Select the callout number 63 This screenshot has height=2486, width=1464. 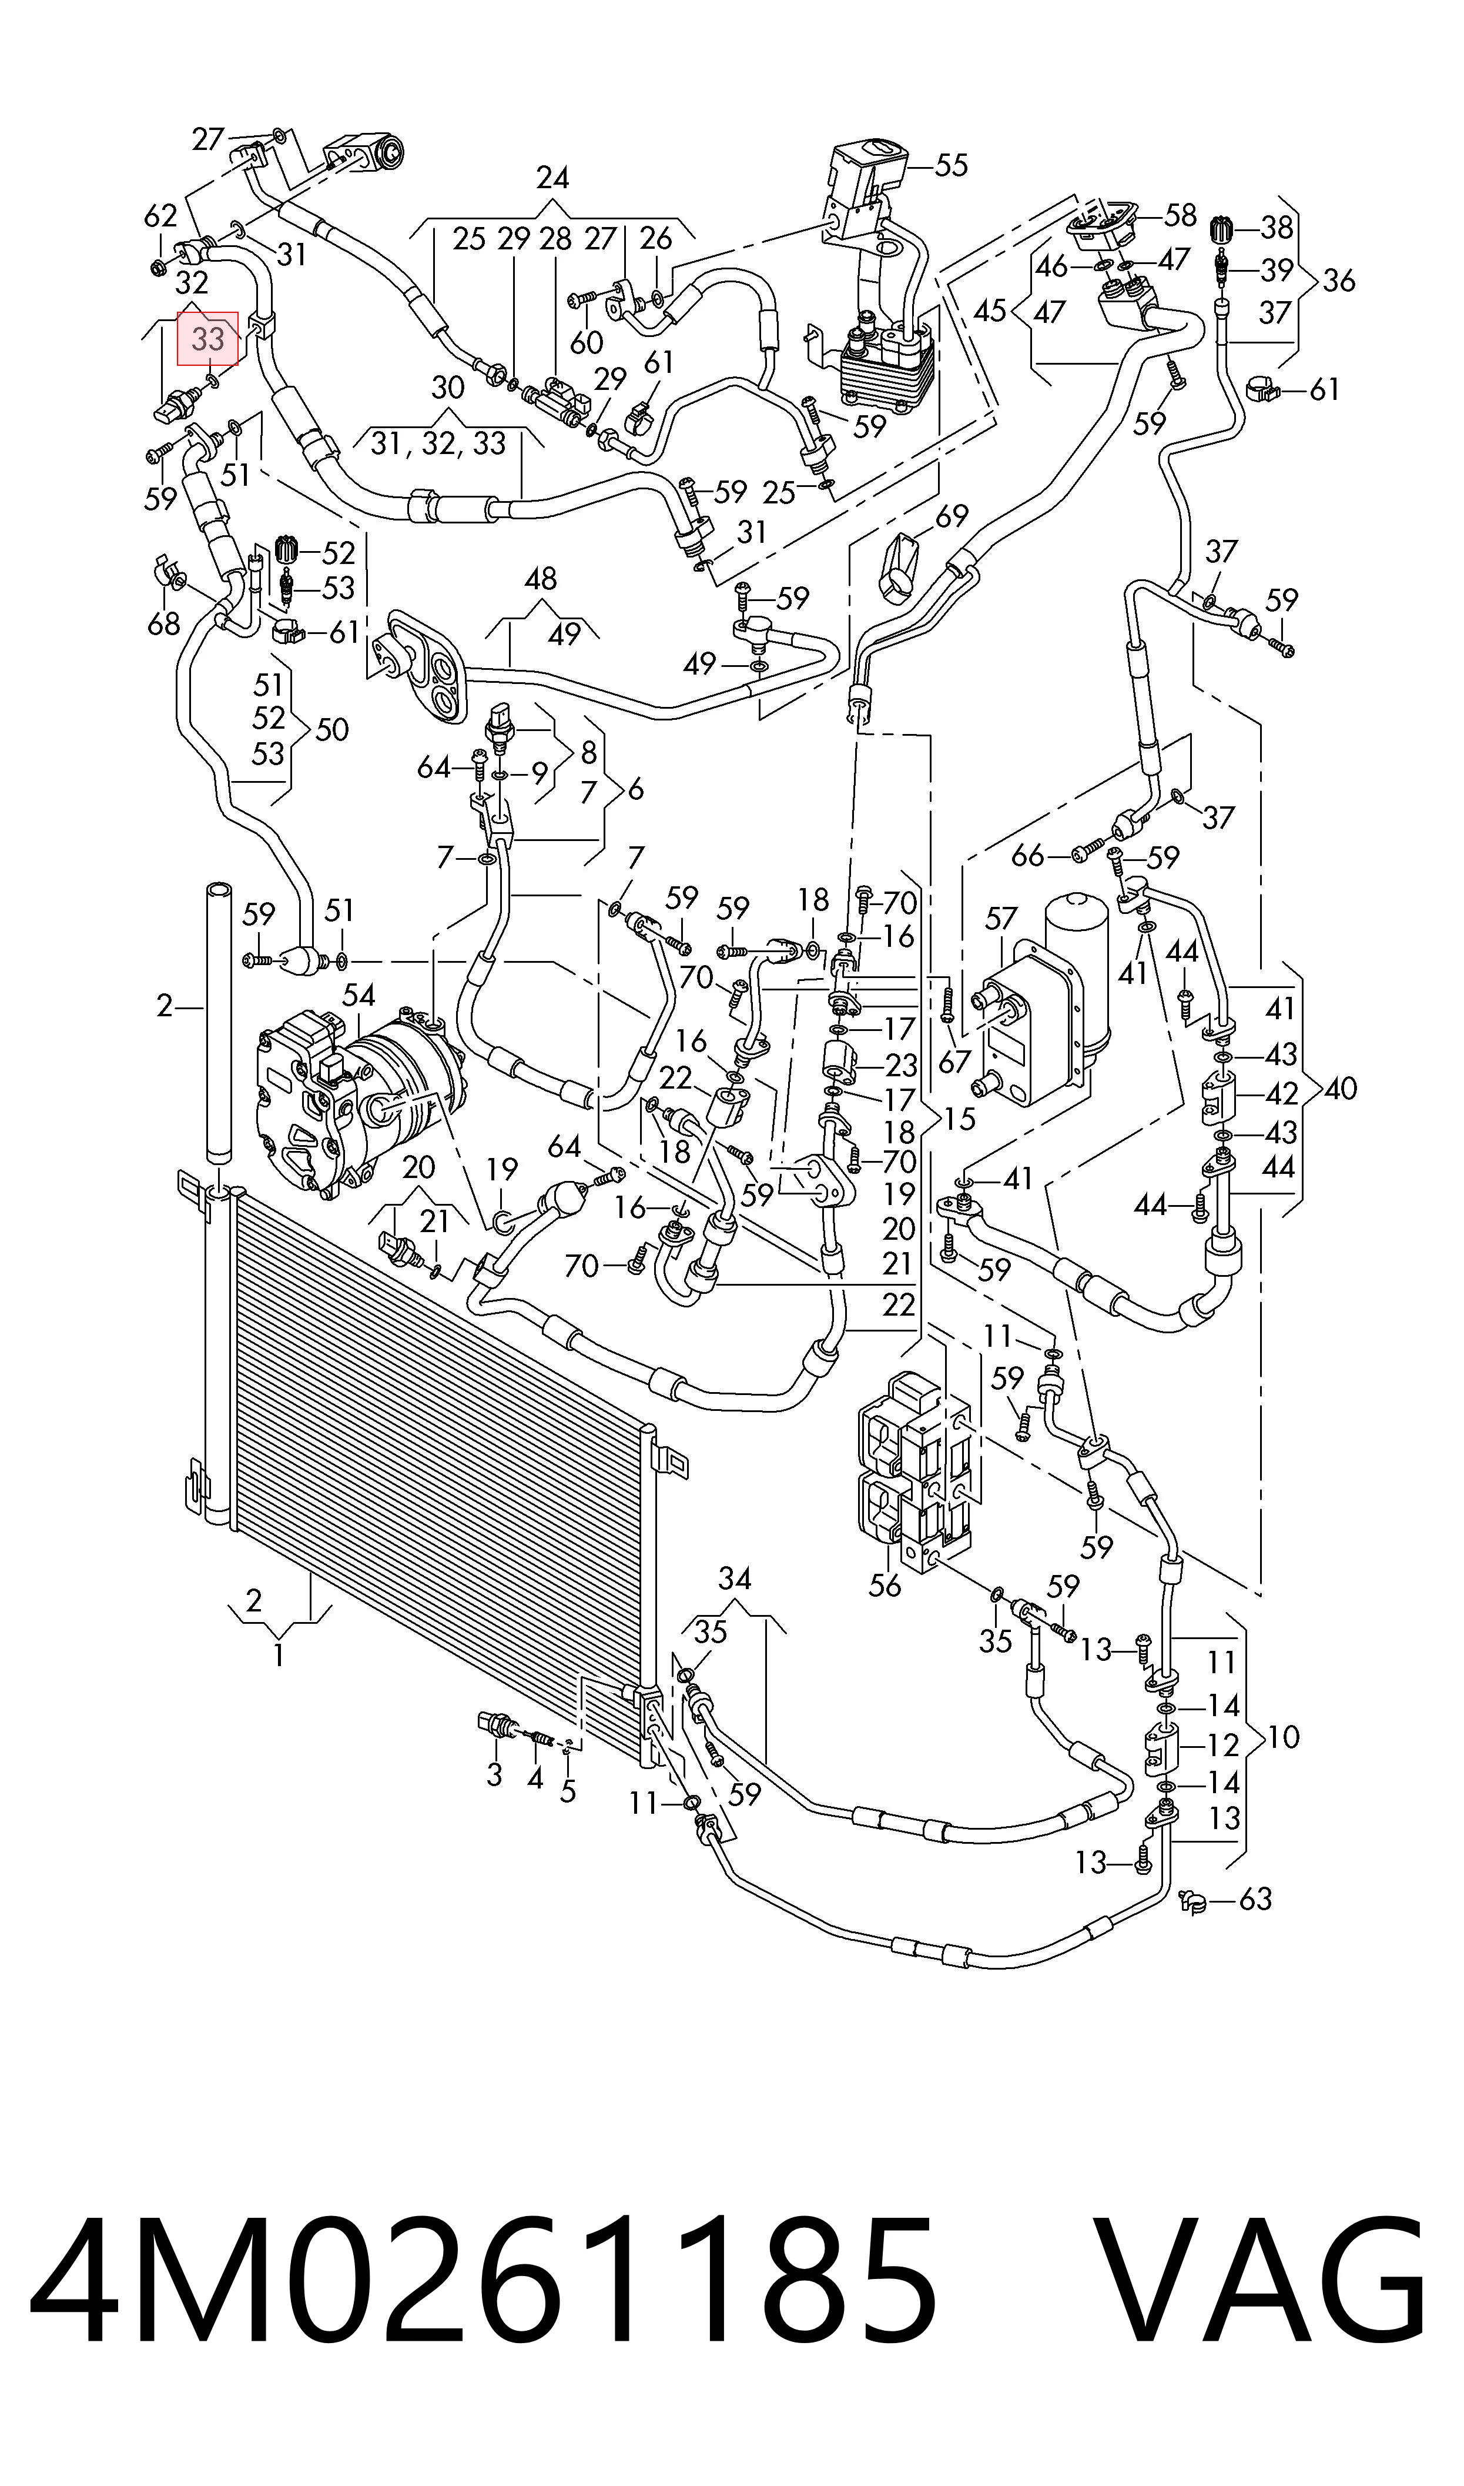tap(1255, 1899)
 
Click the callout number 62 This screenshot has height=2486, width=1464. tap(161, 215)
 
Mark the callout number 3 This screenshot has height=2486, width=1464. tap(494, 1774)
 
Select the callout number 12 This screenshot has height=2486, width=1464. tap(1222, 1745)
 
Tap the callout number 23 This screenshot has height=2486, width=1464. tap(901, 1065)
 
